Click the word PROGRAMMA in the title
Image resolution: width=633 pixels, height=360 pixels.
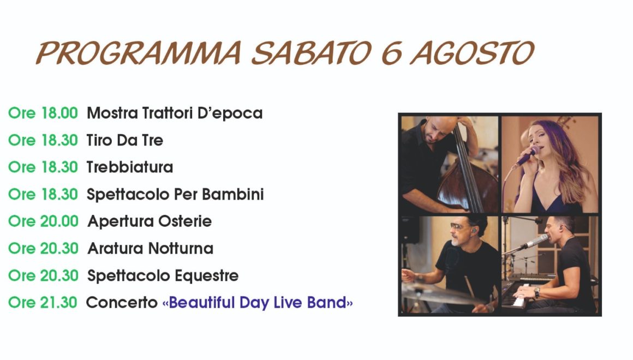point(139,53)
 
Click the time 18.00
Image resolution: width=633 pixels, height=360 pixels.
point(59,113)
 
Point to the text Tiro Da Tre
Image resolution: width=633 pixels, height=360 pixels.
point(125,140)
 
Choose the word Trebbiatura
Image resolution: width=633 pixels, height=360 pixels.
point(129,167)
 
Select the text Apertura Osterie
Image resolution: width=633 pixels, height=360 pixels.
point(150,221)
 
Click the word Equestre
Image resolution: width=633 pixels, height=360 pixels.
point(207,275)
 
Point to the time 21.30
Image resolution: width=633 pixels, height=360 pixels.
point(59,302)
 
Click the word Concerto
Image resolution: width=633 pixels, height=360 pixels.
point(122,302)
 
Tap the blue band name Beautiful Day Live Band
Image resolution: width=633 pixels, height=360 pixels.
point(258,302)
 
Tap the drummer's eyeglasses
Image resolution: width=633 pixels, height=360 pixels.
point(459,227)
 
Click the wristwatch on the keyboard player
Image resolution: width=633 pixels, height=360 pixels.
point(537,292)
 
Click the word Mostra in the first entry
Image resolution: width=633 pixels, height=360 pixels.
point(112,113)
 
